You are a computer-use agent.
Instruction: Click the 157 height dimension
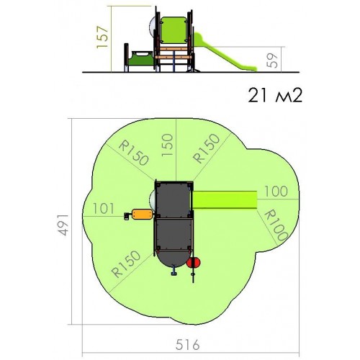(x=102, y=37)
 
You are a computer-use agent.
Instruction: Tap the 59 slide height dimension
(x=272, y=60)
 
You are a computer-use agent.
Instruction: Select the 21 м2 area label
(x=275, y=95)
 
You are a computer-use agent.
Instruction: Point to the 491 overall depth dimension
(x=64, y=225)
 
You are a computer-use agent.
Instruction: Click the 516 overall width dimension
(x=187, y=345)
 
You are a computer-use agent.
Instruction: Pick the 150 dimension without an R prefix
(x=167, y=145)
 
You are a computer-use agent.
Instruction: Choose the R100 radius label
(x=276, y=225)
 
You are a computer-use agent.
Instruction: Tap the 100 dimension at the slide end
(x=276, y=192)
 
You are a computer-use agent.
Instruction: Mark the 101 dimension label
(x=104, y=208)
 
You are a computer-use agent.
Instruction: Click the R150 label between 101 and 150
(x=133, y=153)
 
